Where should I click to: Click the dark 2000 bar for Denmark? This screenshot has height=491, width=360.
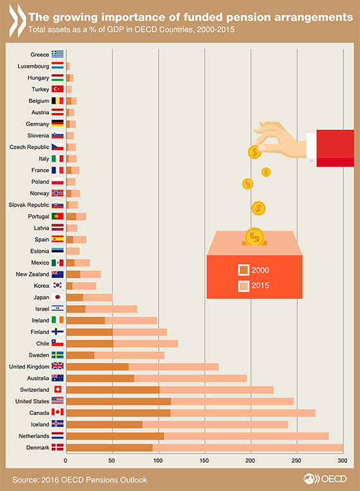109,447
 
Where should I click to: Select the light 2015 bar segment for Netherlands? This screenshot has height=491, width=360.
246,436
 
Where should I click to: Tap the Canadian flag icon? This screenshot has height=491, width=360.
58,412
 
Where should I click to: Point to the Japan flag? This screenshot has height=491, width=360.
58,297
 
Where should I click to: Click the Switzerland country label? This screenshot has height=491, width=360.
35,390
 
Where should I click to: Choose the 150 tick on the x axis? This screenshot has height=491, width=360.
204,460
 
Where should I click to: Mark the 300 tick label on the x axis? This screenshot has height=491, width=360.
343,460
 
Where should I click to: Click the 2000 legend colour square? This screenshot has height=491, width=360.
244,270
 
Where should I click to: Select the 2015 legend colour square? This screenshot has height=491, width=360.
244,286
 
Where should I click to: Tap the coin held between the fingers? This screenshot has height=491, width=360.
255,152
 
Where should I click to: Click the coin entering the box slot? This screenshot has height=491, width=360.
255,236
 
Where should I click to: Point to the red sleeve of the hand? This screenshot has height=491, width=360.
336,148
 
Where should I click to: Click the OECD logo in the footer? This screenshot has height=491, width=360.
325,479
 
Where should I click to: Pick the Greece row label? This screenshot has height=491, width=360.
40,55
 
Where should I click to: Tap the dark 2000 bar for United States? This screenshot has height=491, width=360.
118,402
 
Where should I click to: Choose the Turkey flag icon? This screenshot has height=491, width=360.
58,89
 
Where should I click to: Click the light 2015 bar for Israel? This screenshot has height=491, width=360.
111,309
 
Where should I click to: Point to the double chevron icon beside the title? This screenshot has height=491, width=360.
17,21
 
